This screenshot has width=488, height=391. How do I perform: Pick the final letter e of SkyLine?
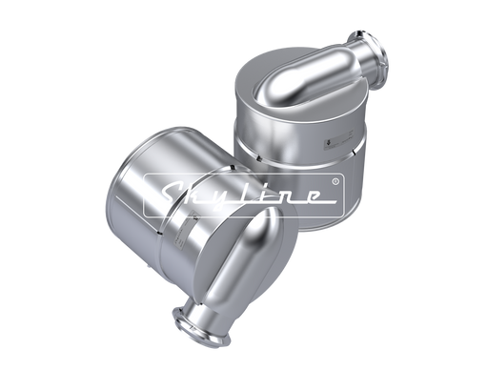pos(310,196)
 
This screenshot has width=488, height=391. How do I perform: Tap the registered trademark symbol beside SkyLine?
pos(335,181)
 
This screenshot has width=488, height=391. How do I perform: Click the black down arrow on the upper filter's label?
pos(327,143)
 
